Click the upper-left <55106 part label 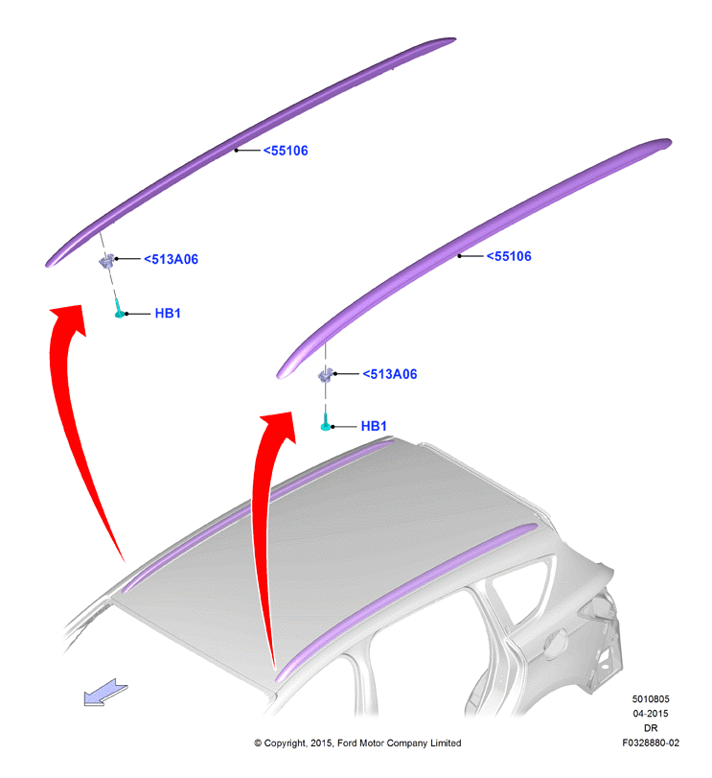286,151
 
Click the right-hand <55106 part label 509,256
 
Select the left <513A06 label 171,259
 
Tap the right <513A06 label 390,373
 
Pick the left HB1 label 168,313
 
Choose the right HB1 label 374,426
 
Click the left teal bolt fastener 119,309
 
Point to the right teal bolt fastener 326,422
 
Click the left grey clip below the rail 106,261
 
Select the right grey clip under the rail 326,375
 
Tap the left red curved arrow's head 69,318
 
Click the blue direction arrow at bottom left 105,693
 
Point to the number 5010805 651,699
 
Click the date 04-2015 651,714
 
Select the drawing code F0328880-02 651,743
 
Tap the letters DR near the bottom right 651,728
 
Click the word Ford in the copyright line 348,743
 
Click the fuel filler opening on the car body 557,644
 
